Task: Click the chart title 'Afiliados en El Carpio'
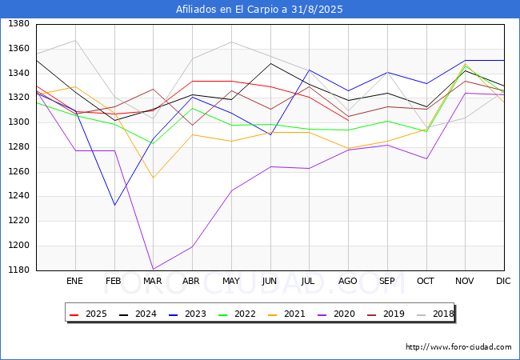[x=259, y=10]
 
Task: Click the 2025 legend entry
[x=89, y=314]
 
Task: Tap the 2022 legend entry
[x=234, y=314]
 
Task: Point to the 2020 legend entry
[x=332, y=314]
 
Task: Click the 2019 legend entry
[x=381, y=314]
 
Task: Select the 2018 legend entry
[x=430, y=314]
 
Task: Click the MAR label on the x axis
[x=152, y=281]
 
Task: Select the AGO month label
[x=348, y=281]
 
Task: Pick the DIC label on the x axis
[x=503, y=281]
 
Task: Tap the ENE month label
[x=74, y=281]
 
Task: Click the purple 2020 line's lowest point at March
[x=152, y=270]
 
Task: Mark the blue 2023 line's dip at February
[x=114, y=205]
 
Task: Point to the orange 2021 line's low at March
[x=152, y=178]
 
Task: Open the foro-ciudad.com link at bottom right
[x=458, y=347]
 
